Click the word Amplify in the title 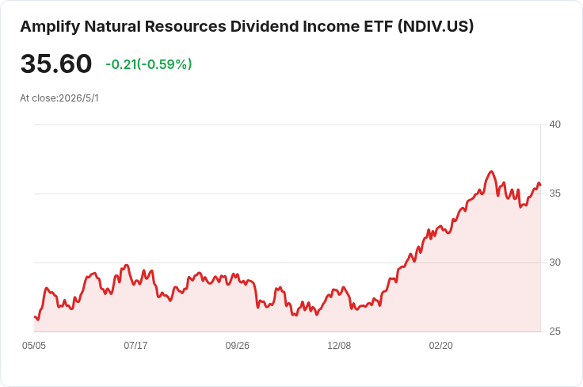pos(50,27)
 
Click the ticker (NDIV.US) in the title pos(436,27)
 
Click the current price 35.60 pos(56,63)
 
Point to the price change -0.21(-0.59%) pos(149,64)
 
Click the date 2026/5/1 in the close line pos(79,98)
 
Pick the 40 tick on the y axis pos(554,125)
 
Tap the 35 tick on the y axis pos(554,193)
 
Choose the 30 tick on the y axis pos(554,262)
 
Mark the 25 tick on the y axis pos(554,331)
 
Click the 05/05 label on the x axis pos(34,346)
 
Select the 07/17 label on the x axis pos(135,346)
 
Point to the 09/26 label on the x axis pos(237,346)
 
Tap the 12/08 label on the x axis pos(339,346)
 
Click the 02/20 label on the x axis pos(441,346)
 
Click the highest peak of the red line pos(492,171)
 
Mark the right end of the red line pos(540,185)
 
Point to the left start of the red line pos(35,317)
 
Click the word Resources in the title pos(185,26)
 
